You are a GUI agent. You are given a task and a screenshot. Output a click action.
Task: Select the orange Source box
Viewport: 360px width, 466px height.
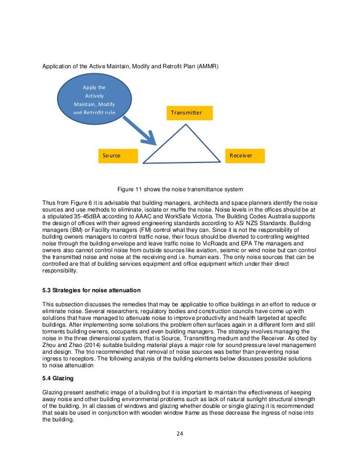[x=118, y=155]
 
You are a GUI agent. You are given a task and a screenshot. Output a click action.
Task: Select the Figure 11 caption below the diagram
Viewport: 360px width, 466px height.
[x=179, y=188]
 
